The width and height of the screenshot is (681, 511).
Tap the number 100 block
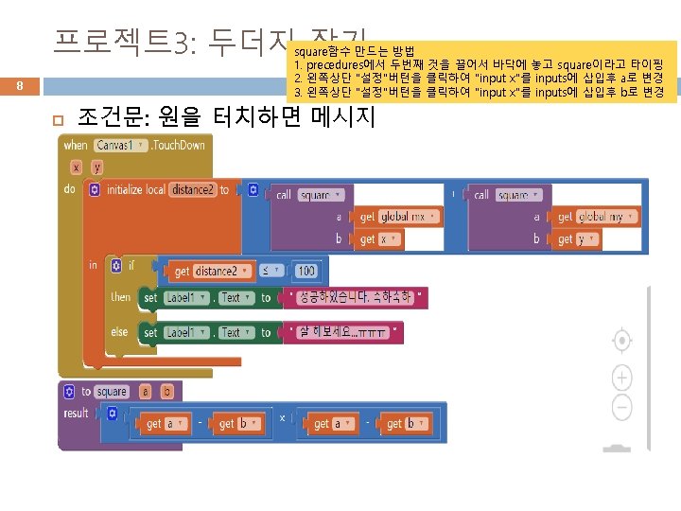(x=306, y=271)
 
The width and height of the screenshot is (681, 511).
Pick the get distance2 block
(x=207, y=272)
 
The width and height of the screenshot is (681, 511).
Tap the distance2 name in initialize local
(x=193, y=190)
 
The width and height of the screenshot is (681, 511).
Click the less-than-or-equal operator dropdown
(x=271, y=271)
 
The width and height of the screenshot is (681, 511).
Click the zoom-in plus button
(x=621, y=379)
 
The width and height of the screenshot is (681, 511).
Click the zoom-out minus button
(x=621, y=408)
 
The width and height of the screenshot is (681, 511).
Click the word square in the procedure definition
(x=112, y=392)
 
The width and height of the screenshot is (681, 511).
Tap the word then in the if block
(x=120, y=296)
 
